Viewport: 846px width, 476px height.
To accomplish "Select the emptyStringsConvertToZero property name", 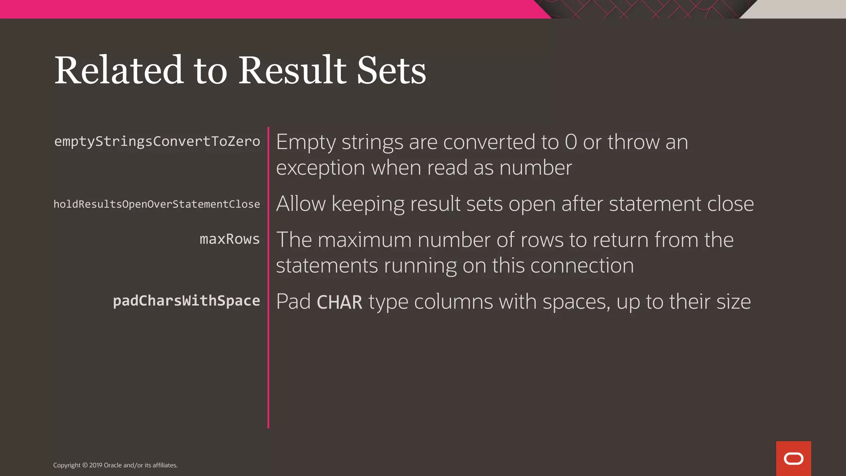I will (x=157, y=141).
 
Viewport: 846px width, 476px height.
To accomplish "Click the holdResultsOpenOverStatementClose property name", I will (x=157, y=204).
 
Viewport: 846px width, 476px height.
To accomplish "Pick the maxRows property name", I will (x=230, y=239).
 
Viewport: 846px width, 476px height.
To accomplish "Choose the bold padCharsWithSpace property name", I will (x=186, y=301).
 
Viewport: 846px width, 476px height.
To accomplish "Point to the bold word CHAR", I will (x=339, y=302).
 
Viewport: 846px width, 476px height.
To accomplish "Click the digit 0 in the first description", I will (x=570, y=142).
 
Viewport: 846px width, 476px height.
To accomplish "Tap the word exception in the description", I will (x=320, y=168).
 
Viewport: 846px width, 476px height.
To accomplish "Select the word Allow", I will (x=301, y=204).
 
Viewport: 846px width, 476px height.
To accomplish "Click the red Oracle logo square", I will (x=793, y=458).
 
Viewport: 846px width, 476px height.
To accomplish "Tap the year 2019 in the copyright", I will (x=96, y=465).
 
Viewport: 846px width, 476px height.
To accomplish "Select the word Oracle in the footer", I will (x=112, y=465).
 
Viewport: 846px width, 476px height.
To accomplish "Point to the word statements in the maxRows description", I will (x=327, y=266).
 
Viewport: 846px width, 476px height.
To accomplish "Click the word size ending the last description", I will (x=733, y=302).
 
